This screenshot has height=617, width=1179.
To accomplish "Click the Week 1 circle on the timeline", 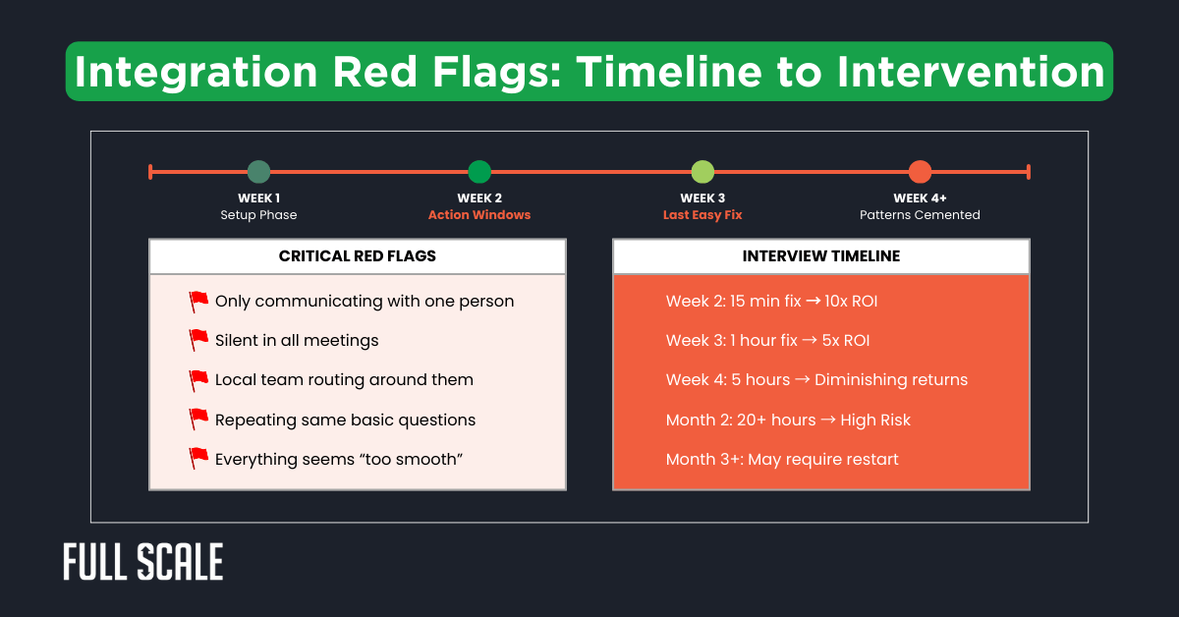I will (258, 172).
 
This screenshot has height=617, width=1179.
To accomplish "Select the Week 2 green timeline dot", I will (479, 172).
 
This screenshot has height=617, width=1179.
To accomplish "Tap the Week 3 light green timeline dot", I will (702, 172).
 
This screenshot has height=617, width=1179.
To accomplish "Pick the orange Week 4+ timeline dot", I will (920, 172).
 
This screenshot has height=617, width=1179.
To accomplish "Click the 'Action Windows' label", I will (479, 215).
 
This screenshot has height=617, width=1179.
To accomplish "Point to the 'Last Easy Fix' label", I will (702, 215).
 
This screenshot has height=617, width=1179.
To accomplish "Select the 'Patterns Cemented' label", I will (920, 215).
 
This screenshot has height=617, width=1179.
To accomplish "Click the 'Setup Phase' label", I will (258, 215).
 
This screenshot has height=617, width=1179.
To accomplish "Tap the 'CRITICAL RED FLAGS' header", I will (358, 256).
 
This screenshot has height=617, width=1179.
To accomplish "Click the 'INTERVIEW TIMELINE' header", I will (820, 256).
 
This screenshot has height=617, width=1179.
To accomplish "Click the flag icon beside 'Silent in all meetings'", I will (198, 340).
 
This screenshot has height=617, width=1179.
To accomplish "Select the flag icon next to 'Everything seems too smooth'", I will (198, 459).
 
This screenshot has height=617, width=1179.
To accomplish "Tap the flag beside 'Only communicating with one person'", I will (198, 301).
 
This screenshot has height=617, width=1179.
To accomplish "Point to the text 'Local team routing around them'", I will (344, 380).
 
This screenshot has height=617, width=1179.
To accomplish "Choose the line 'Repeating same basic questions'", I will (345, 420).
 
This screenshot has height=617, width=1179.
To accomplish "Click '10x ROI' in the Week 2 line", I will (851, 301).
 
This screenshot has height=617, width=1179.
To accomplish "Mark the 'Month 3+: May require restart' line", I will (782, 459).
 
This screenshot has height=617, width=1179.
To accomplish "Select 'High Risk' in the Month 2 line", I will (876, 420).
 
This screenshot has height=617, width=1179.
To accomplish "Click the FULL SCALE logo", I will (143, 562).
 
